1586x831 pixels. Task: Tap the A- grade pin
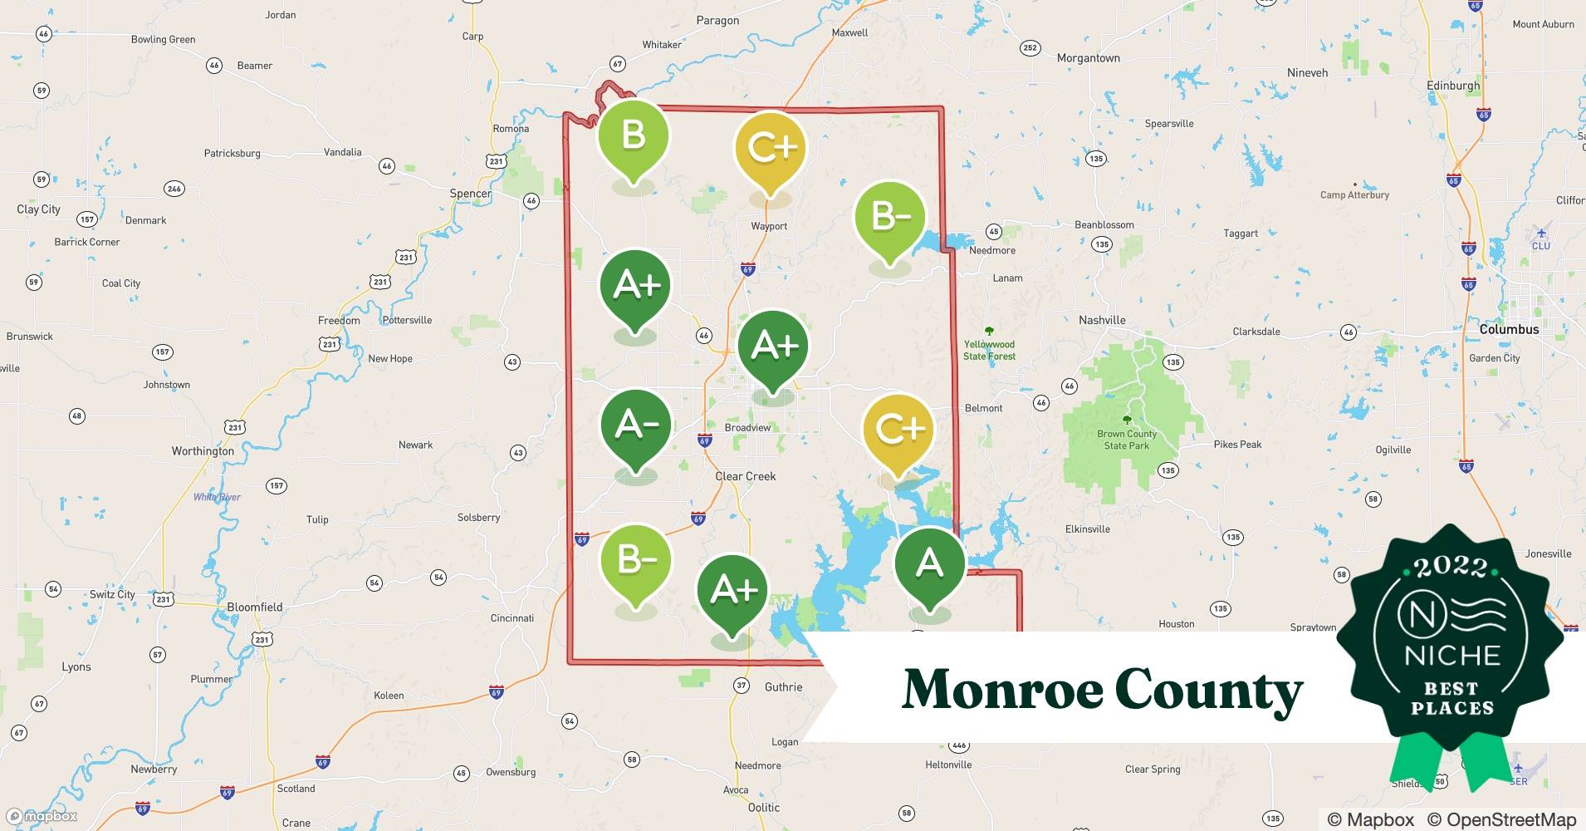pyautogui.click(x=636, y=425)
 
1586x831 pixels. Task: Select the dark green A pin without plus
pyautogui.click(x=929, y=564)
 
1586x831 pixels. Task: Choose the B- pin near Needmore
pyautogui.click(x=890, y=217)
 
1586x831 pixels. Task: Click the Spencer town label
pyautogui.click(x=470, y=194)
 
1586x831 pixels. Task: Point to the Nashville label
pyautogui.click(x=1102, y=320)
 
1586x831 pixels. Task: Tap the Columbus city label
pyautogui.click(x=1509, y=329)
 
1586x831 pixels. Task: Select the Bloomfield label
pyautogui.click(x=255, y=607)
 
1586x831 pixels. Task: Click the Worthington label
pyautogui.click(x=203, y=450)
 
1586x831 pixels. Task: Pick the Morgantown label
pyautogui.click(x=1088, y=58)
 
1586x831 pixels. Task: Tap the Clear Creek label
pyautogui.click(x=746, y=476)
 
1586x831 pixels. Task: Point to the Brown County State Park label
pyautogui.click(x=1127, y=440)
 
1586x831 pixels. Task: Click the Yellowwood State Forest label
pyautogui.click(x=989, y=350)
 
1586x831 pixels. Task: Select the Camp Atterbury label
pyautogui.click(x=1354, y=194)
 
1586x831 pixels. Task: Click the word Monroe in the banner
pyautogui.click(x=1000, y=689)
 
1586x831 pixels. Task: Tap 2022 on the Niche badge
pyautogui.click(x=1451, y=567)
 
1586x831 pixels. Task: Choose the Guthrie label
pyautogui.click(x=783, y=686)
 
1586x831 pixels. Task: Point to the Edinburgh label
pyautogui.click(x=1453, y=86)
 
